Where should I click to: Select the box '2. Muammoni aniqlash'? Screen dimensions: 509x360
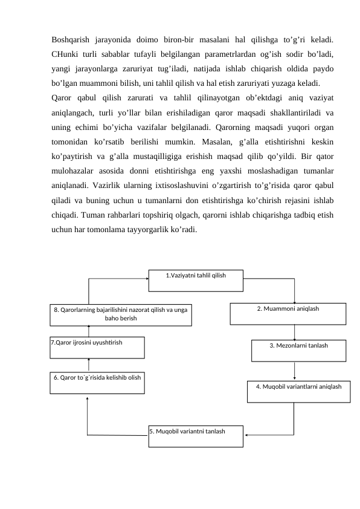(288, 314)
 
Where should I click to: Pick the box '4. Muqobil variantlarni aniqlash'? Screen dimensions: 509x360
(298, 391)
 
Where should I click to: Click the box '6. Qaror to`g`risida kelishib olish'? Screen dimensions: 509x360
(97, 383)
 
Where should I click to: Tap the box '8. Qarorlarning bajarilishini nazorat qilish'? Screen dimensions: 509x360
(120, 315)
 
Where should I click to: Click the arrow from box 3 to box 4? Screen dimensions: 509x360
(294, 371)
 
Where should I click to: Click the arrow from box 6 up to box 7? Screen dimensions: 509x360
(89, 364)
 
